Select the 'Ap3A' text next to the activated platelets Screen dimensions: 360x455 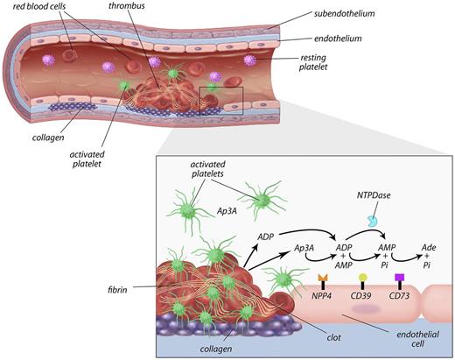(227, 211)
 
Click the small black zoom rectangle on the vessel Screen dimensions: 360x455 (220, 102)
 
